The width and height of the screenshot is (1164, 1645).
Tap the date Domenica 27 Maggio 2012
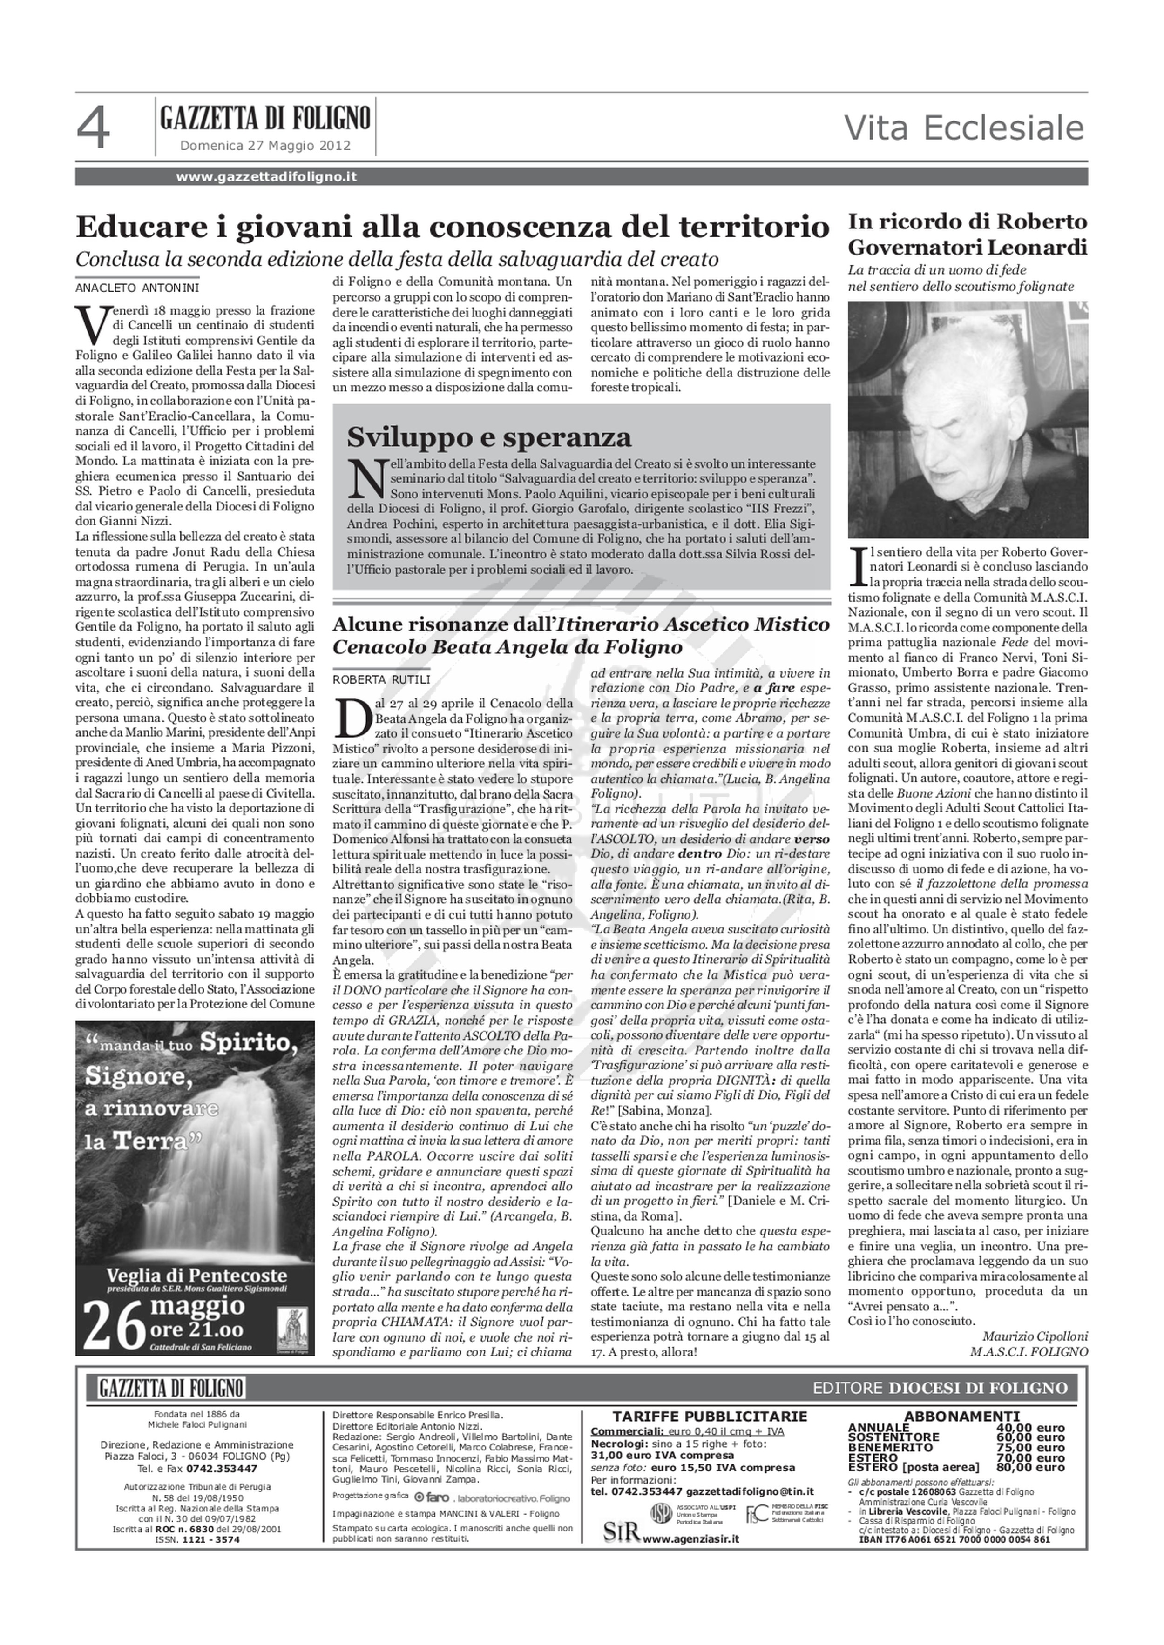(265, 146)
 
